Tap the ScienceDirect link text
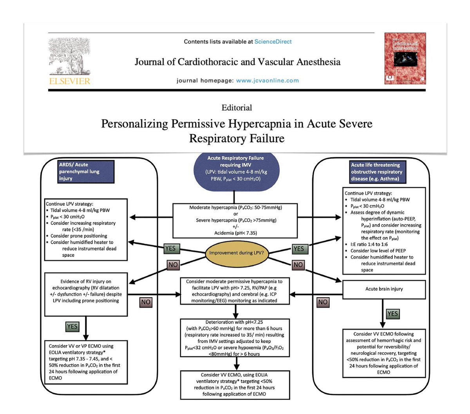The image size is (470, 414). click(x=273, y=41)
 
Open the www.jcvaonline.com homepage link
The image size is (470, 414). click(x=268, y=81)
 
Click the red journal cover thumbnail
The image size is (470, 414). click(x=405, y=58)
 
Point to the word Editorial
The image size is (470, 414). click(x=237, y=108)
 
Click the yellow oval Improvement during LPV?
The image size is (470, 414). click(x=236, y=253)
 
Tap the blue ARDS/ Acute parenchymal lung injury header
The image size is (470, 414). click(x=86, y=171)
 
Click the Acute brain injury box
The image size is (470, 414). click(x=384, y=289)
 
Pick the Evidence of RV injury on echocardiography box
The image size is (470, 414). click(x=86, y=294)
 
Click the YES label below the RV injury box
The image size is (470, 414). click(x=72, y=326)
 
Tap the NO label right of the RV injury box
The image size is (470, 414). click(x=146, y=302)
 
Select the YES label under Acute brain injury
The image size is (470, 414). click(x=392, y=313)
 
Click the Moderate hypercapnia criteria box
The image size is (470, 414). click(x=236, y=220)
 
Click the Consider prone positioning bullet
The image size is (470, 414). click(x=79, y=236)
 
